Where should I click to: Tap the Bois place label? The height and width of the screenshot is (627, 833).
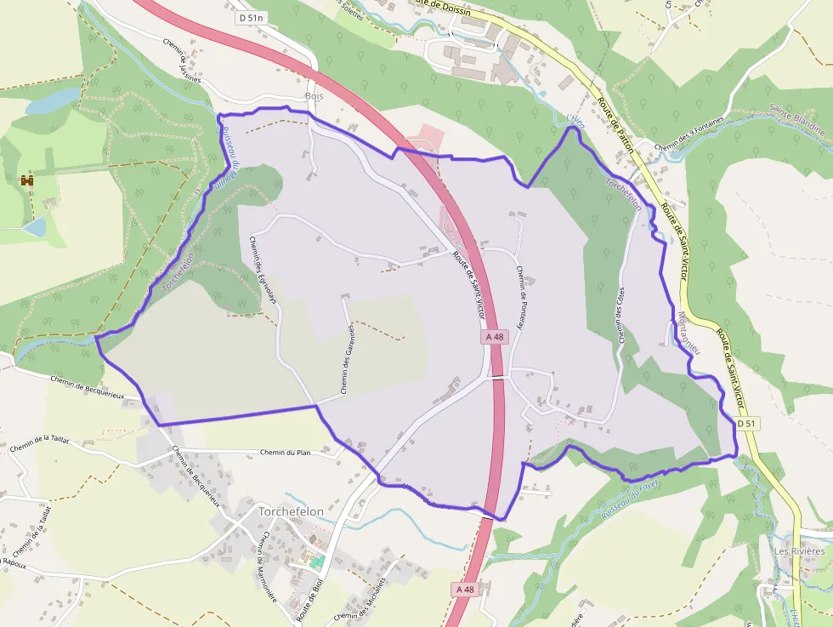(x=314, y=95)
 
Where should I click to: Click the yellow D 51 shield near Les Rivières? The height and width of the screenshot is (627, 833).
(x=746, y=423)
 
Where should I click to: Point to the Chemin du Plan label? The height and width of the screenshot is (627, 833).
(x=286, y=453)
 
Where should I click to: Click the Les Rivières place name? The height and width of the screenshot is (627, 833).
(x=799, y=551)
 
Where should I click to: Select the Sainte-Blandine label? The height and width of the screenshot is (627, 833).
(x=797, y=119)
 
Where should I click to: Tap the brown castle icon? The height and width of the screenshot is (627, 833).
(x=27, y=180)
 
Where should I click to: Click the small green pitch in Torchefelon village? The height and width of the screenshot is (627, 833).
(x=317, y=562)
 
